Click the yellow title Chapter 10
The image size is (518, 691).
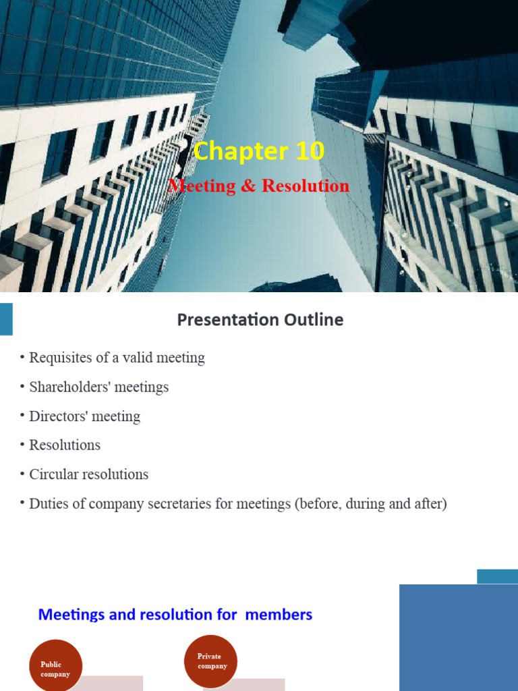(259, 151)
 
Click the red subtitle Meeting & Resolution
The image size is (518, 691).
(259, 186)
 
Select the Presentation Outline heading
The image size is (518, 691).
(260, 320)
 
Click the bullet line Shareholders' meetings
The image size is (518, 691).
(98, 387)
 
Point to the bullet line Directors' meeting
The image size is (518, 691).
(84, 416)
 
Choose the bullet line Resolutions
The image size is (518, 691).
(65, 445)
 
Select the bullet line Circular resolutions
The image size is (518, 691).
(88, 474)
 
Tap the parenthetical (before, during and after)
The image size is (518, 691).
(370, 504)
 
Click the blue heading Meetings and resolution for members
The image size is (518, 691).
(175, 615)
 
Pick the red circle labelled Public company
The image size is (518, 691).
(56, 665)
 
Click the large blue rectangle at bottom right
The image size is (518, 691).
(458, 638)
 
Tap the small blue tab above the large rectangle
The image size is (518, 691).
(497, 576)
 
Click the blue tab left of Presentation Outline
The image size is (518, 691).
(6, 319)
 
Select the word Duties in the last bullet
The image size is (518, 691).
(48, 504)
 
